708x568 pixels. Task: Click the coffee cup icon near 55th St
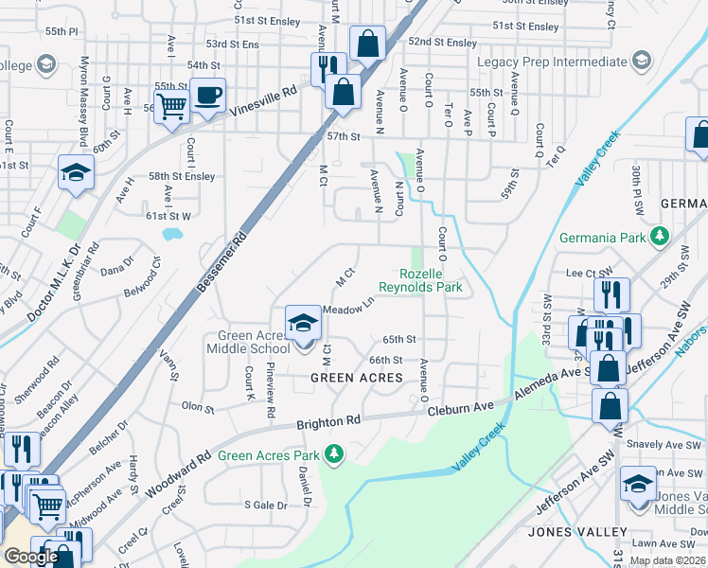[207, 95]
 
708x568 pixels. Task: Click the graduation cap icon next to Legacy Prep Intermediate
[641, 62]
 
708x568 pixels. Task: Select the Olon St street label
[198, 409]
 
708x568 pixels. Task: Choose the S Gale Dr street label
[265, 506]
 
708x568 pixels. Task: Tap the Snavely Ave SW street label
[667, 444]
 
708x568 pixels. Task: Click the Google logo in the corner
[31, 557]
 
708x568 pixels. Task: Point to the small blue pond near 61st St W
[172, 234]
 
